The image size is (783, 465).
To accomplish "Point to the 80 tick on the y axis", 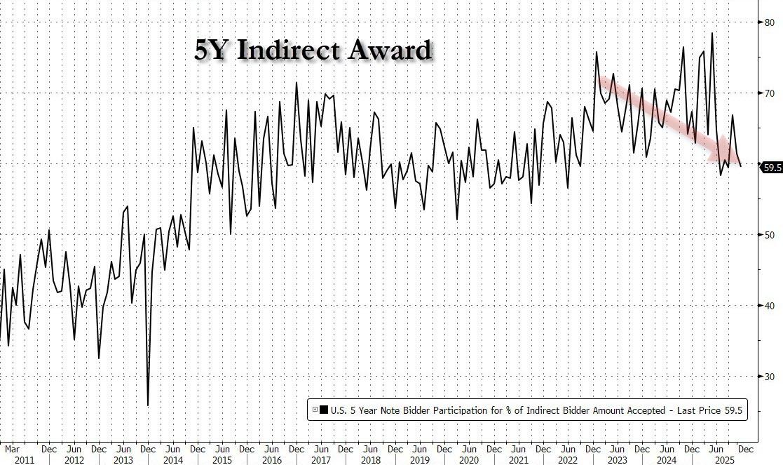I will (769, 22).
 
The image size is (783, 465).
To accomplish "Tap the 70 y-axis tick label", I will (769, 93).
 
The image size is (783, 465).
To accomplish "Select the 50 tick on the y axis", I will (769, 235).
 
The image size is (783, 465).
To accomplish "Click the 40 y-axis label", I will (769, 306).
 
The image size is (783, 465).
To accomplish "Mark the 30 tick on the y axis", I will (769, 377).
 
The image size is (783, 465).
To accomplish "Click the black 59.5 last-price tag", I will (772, 167).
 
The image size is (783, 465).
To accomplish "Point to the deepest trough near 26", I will (148, 405).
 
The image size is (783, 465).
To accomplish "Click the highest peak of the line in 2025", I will (712, 33).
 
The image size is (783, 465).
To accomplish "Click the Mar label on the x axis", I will (12, 447).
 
